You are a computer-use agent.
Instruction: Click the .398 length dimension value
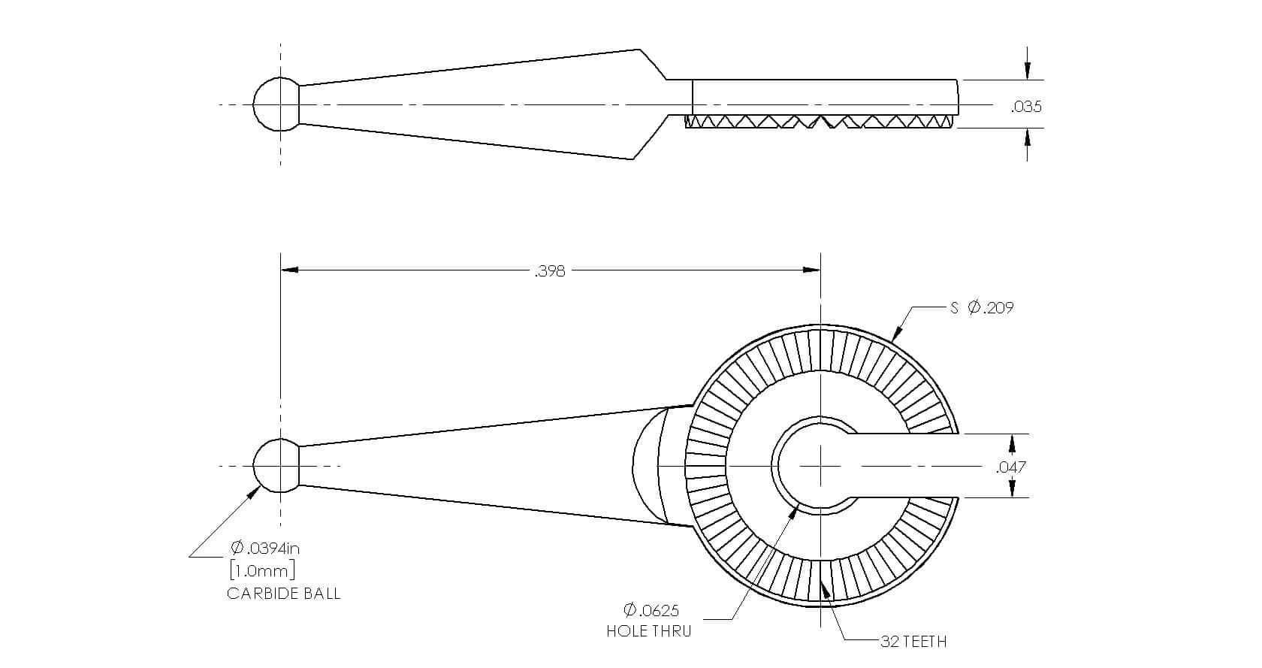tap(550, 271)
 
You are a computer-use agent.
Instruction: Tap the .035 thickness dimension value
tap(1026, 107)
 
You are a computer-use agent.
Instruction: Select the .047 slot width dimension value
tap(1011, 467)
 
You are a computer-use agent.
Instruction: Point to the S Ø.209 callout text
tap(982, 307)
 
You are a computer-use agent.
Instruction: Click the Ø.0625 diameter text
tap(651, 610)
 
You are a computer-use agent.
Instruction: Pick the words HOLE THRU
tap(649, 631)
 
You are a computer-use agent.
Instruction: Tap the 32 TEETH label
tap(913, 642)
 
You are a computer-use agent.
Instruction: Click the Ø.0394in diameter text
tap(264, 547)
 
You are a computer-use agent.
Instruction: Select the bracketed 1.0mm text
tap(263, 571)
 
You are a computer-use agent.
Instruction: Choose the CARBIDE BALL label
tap(284, 594)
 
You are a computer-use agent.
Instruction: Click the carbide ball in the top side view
tap(276, 104)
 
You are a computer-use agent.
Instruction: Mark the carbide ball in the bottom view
tap(276, 466)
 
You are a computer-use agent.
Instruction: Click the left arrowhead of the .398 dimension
tap(290, 270)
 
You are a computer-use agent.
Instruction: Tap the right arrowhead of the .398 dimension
tap(812, 270)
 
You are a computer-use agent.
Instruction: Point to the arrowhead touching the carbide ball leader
tap(254, 494)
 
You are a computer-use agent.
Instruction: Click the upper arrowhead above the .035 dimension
tap(1027, 71)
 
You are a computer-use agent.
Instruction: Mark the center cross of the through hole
tap(820, 466)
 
